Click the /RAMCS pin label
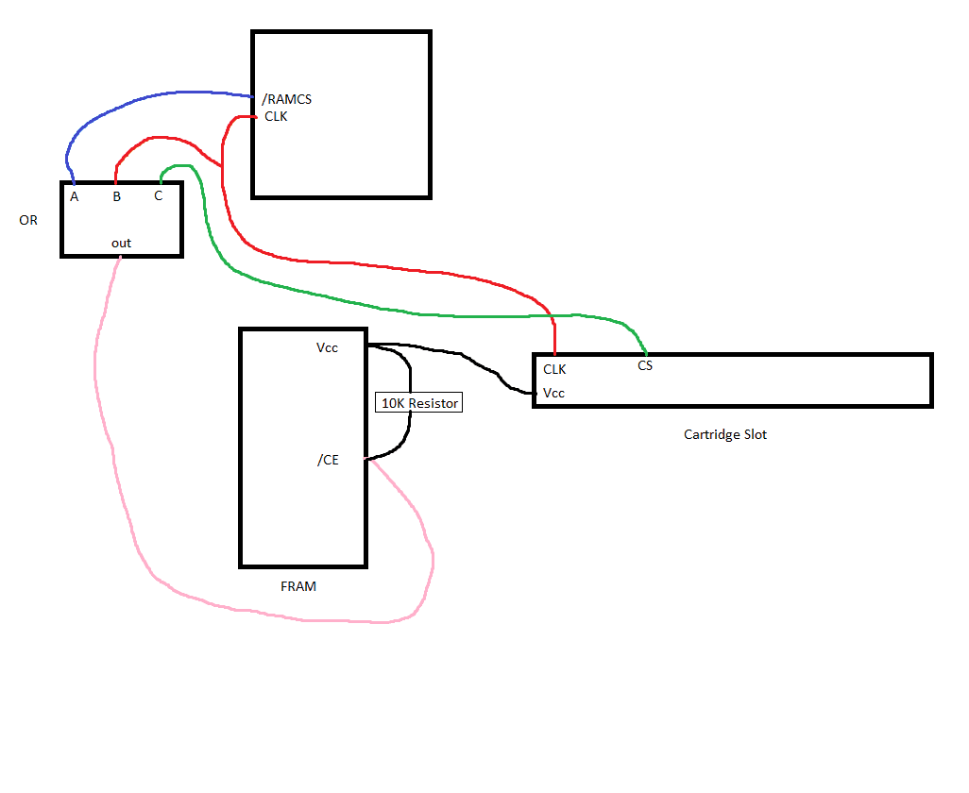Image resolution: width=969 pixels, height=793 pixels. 287,99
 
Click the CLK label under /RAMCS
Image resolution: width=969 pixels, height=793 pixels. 276,116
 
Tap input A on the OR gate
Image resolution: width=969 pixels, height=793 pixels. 75,196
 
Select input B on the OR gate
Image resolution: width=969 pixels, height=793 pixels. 117,196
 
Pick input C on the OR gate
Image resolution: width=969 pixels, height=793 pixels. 159,195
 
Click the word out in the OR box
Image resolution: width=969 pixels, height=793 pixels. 121,243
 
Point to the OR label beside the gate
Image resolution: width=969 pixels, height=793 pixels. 28,220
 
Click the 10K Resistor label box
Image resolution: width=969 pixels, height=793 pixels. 419,403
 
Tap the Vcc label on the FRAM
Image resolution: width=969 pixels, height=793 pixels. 327,347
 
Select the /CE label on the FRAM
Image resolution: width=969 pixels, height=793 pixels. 328,460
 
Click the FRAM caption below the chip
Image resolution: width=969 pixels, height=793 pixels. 298,586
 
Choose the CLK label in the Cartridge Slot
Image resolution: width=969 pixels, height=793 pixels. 554,369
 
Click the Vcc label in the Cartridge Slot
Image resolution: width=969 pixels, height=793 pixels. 553,393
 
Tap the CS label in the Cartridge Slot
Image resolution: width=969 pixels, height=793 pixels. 645,365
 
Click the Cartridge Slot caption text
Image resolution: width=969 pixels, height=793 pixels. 725,434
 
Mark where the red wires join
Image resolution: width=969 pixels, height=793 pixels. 221,166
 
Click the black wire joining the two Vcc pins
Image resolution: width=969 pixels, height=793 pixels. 460,353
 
